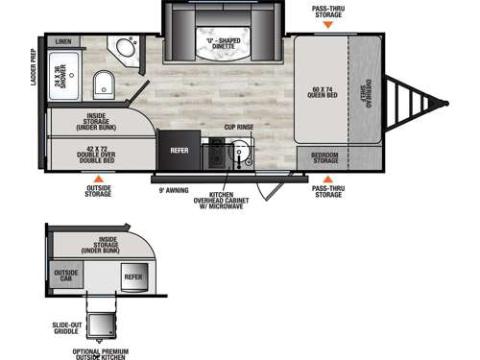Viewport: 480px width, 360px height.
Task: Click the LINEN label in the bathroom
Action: (x=63, y=42)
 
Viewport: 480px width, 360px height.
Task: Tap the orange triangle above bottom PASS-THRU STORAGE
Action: (x=328, y=179)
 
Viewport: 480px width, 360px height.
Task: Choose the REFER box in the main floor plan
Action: (x=180, y=150)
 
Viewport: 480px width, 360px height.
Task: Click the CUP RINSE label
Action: (x=237, y=127)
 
